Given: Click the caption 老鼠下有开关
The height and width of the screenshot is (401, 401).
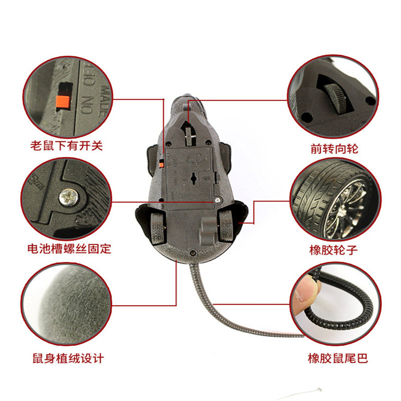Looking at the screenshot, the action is pos(67,146).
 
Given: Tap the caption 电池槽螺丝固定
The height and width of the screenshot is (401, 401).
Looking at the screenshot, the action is pos(69,249).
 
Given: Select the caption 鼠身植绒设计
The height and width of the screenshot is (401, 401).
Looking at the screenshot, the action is pos(68,358).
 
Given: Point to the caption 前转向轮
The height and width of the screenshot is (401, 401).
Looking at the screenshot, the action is pos(334,148).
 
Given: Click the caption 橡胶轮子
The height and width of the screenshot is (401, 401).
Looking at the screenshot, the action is pos(333,250).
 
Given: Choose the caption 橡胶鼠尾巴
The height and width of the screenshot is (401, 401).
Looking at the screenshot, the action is pos(338,358).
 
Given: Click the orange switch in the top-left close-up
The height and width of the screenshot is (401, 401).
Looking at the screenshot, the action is pos(63,102).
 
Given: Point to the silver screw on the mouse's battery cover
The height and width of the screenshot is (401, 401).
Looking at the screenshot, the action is pos(218,200).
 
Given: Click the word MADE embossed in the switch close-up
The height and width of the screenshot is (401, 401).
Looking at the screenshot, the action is pos(105,101).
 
